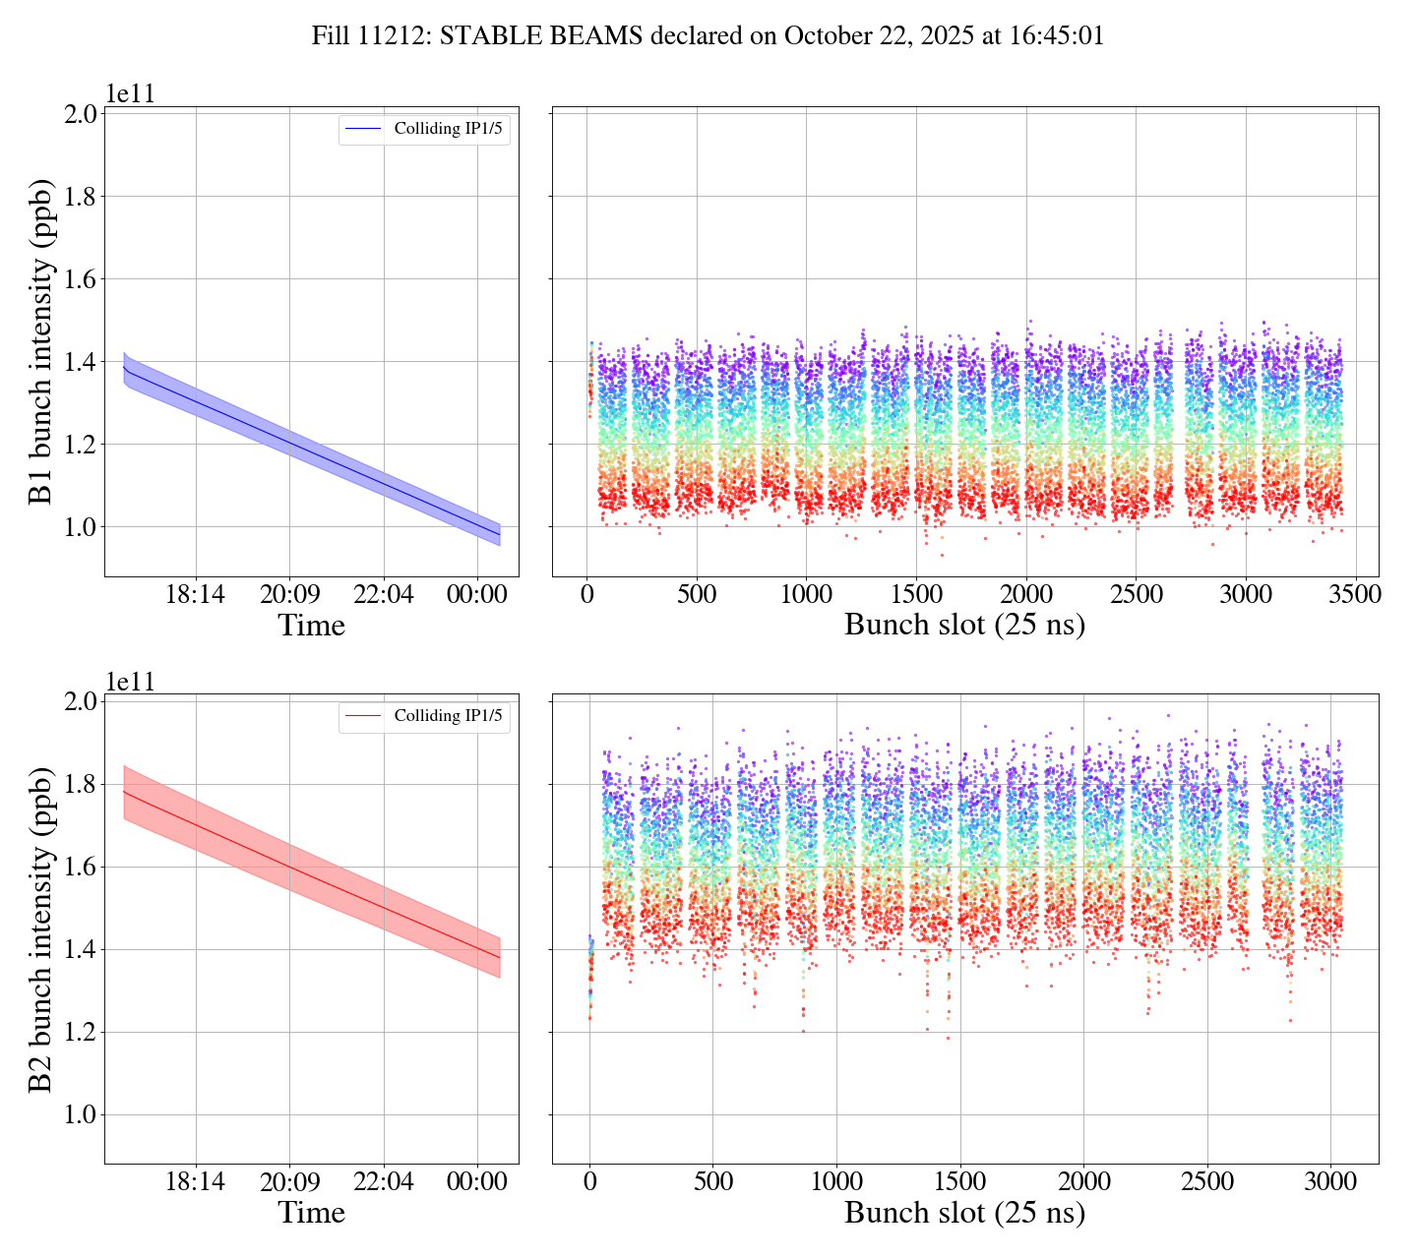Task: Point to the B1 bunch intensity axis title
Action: (x=40, y=341)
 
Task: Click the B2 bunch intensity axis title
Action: (x=40, y=929)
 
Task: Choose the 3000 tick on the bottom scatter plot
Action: (x=1330, y=1182)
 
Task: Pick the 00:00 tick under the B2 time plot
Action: (x=476, y=1182)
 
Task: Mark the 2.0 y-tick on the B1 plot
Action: (x=81, y=114)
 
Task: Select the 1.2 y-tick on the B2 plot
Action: (x=81, y=1032)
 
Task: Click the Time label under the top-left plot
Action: (x=312, y=626)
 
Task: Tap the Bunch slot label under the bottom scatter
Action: (x=964, y=1213)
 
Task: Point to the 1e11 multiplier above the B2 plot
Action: (x=131, y=681)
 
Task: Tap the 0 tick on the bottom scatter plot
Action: (x=589, y=1182)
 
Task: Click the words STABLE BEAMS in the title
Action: (x=541, y=36)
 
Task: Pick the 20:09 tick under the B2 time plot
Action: (x=289, y=1182)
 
